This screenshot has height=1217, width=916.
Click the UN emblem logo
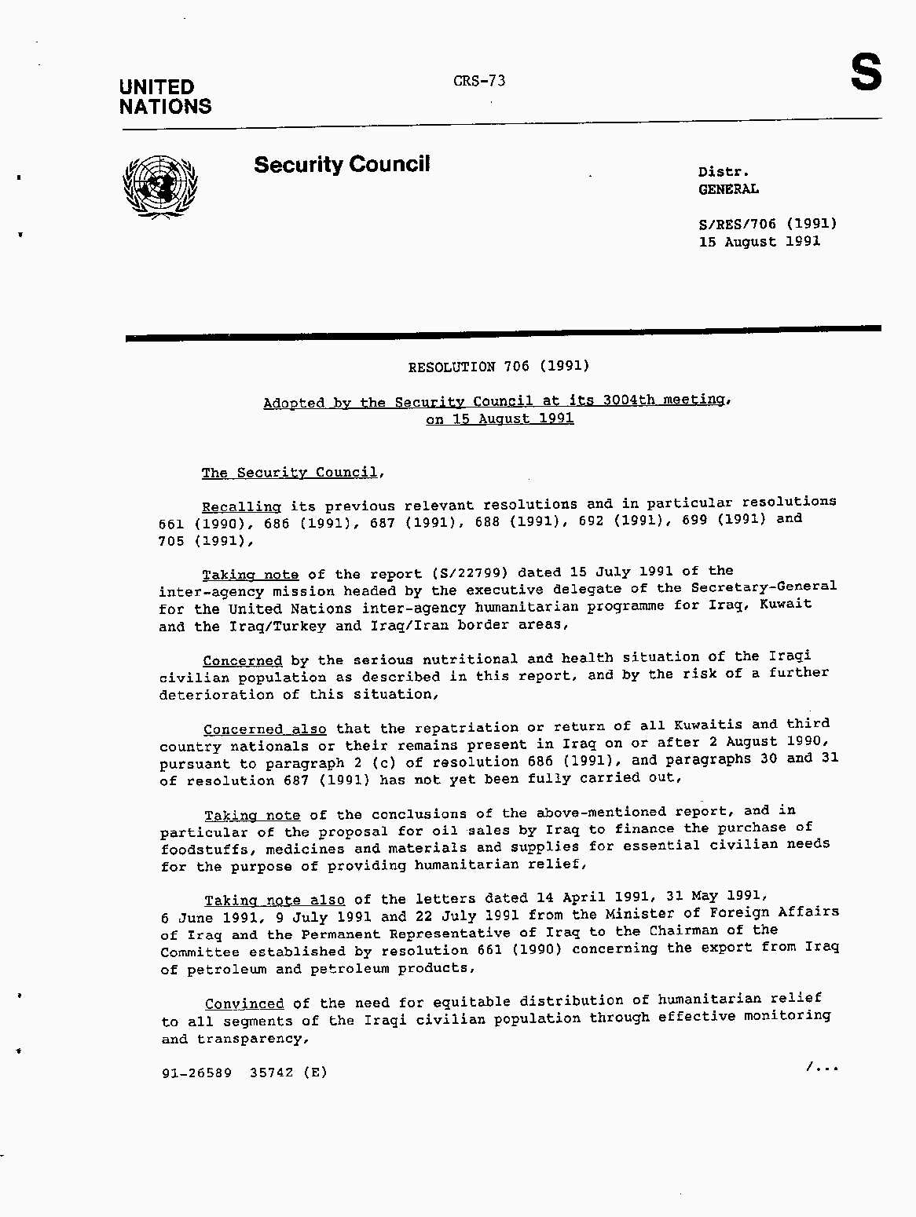pos(160,187)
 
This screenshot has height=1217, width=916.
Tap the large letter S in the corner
pos(866,74)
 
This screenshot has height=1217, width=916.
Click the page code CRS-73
pos(479,81)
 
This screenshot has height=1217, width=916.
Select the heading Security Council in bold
pos(342,165)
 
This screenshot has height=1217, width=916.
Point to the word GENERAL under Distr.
pos(728,189)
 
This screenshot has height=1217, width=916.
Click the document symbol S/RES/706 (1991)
pos(768,224)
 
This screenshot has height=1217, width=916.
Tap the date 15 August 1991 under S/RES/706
pos(759,242)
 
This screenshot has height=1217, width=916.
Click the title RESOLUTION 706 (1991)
pos(499,367)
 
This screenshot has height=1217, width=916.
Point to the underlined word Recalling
pos(241,507)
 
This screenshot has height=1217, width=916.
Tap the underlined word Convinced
pos(244,1004)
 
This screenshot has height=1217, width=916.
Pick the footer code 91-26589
pos(196,1073)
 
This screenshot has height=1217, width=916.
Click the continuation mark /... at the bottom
pos(822,1066)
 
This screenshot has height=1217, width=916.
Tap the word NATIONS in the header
pos(166,107)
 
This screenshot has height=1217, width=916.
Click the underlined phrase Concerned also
pos(265,729)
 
